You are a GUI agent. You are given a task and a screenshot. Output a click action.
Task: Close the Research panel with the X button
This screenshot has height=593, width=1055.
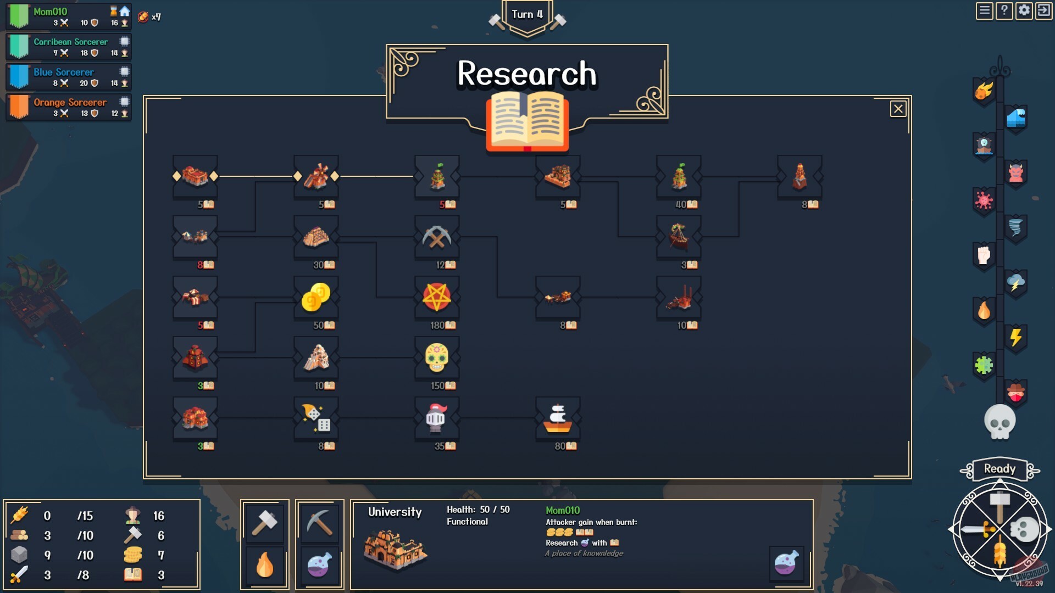pyautogui.click(x=898, y=109)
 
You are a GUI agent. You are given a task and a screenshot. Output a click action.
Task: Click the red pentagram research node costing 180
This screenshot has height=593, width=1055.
pyautogui.click(x=437, y=297)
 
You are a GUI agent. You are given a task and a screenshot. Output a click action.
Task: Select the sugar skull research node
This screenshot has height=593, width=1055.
pyautogui.click(x=437, y=357)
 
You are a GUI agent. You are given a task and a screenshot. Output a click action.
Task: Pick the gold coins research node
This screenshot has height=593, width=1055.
pyautogui.click(x=316, y=297)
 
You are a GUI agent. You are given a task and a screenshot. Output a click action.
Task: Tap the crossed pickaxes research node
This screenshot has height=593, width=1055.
pyautogui.click(x=437, y=237)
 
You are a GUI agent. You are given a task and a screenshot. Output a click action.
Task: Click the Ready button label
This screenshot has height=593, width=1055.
pyautogui.click(x=1000, y=469)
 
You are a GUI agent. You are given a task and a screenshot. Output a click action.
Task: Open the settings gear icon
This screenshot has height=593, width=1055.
pyautogui.click(x=1024, y=11)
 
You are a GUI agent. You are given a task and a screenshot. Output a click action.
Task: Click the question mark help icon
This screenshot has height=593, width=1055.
pyautogui.click(x=1004, y=11)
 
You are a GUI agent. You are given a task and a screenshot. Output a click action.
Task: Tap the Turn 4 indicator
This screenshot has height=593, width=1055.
pyautogui.click(x=527, y=15)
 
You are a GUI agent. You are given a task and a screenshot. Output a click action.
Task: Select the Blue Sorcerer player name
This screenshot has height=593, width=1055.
pyautogui.click(x=64, y=72)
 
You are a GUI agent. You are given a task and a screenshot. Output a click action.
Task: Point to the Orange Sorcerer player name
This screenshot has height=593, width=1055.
pyautogui.click(x=70, y=102)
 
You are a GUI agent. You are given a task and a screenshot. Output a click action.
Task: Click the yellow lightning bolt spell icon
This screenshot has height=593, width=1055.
pyautogui.click(x=1015, y=337)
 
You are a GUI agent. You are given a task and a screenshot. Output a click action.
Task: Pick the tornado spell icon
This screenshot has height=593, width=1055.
pyautogui.click(x=1015, y=227)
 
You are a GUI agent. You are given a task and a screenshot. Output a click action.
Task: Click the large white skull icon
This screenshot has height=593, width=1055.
pyautogui.click(x=1000, y=422)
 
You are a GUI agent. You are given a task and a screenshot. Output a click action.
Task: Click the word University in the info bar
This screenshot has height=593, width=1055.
pyautogui.click(x=395, y=512)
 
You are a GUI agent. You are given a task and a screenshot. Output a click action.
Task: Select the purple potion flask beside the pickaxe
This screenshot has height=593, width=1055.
pyautogui.click(x=319, y=566)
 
